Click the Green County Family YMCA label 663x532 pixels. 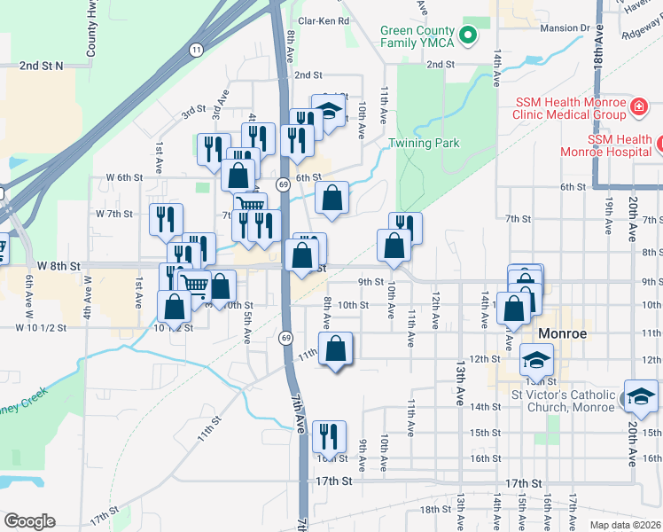417,35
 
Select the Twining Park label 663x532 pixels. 424,143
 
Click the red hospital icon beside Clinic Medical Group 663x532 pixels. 636,108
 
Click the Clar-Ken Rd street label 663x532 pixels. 324,20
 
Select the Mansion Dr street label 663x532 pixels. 564,28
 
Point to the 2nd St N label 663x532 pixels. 42,66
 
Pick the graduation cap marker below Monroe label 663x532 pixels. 536,360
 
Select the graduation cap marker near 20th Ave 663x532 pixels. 641,395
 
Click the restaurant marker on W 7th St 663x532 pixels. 166,219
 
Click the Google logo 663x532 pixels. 29,521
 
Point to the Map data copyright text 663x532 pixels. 625,525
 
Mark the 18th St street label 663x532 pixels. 435,509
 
